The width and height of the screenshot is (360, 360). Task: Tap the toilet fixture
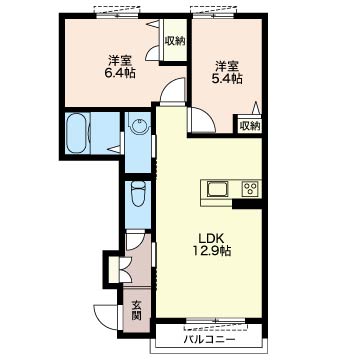tap(138, 195)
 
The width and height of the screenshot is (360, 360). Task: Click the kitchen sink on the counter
tap(218, 189)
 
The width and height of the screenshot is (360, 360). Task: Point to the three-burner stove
tap(251, 189)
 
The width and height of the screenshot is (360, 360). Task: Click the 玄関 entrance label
tap(136, 310)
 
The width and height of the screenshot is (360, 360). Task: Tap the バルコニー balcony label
tap(210, 340)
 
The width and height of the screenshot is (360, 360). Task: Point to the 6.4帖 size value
tap(120, 73)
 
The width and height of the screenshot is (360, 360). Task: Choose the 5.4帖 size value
tap(228, 79)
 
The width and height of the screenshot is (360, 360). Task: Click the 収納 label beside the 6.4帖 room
tap(175, 41)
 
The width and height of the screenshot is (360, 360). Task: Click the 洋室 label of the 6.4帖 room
tap(119, 60)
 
